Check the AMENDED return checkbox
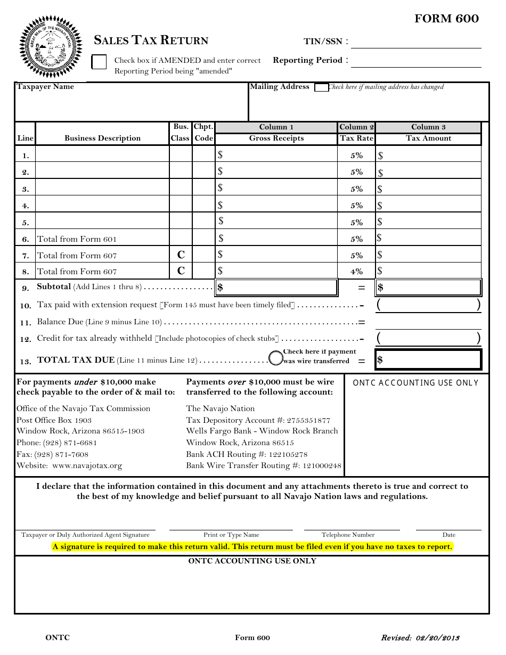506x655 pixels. pyautogui.click(x=99, y=62)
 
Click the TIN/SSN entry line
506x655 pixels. pyautogui.click(x=415, y=43)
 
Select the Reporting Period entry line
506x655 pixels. pyautogui.click(x=415, y=61)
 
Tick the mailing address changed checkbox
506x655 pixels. pyautogui.click(x=321, y=88)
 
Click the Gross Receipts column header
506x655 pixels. pyautogui.click(x=276, y=138)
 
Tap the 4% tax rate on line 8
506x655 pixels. pyautogui.click(x=356, y=272)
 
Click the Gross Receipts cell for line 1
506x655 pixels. pyautogui.click(x=276, y=155)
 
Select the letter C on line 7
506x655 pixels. pyautogui.click(x=181, y=255)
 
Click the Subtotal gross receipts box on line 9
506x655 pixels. pyautogui.click(x=276, y=288)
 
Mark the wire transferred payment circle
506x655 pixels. pyautogui.click(x=275, y=358)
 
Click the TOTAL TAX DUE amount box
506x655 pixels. pyautogui.click(x=428, y=360)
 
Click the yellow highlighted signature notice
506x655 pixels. pyautogui.click(x=252, y=547)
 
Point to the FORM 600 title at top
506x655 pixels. pyautogui.click(x=446, y=19)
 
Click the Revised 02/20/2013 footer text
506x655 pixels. pyautogui.click(x=420, y=638)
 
